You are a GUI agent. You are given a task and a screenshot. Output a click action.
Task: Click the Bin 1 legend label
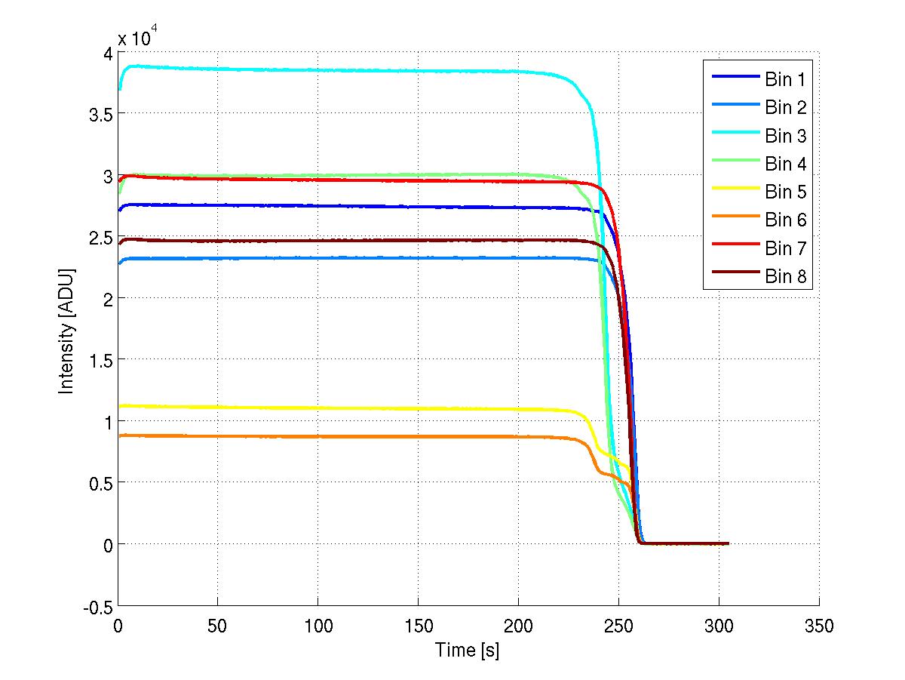tap(786, 78)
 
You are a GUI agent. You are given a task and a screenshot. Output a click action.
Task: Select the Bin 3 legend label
tap(786, 136)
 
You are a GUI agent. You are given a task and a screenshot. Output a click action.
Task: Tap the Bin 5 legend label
tap(786, 192)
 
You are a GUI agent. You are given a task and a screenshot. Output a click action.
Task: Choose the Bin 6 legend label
tap(786, 220)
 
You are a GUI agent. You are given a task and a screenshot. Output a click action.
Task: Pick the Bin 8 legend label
tap(786, 277)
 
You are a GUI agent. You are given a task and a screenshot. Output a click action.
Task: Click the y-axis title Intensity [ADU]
tap(66, 329)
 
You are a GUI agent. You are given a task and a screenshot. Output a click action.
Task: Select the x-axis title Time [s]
tap(468, 650)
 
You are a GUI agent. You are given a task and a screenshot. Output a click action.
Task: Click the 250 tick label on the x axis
tap(618, 626)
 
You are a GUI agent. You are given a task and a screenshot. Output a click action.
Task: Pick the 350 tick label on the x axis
tap(819, 626)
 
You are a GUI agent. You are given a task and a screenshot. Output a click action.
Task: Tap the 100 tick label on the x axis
tap(318, 626)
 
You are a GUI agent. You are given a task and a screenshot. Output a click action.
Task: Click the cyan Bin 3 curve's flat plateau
tap(339, 70)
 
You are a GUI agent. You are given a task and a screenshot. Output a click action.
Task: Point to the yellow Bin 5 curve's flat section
tap(339, 408)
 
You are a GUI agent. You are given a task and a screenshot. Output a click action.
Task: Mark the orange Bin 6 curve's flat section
tap(339, 437)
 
